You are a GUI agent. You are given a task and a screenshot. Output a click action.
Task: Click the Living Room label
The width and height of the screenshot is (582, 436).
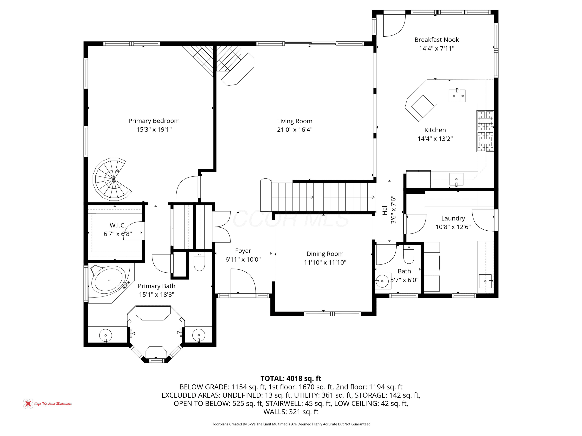295,121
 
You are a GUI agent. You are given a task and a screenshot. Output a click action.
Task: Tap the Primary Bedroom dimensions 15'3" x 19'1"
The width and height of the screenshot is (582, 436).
154,130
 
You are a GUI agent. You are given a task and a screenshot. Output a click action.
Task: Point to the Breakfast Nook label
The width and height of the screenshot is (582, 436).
436,40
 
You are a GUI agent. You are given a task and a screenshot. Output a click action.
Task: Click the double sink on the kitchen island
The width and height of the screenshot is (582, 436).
457,95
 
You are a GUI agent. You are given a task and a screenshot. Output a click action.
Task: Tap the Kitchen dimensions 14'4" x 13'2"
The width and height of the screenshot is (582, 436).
435,139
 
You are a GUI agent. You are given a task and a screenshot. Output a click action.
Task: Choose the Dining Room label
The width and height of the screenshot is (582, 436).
325,254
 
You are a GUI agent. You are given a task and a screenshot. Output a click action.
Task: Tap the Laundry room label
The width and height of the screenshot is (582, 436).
453,218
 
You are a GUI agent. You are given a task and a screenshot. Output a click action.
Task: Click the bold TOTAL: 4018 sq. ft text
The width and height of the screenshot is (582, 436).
291,378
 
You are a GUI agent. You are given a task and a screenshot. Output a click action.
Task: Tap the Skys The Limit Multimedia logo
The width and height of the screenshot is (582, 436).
47,404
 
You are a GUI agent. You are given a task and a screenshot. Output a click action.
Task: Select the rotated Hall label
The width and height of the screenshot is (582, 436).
385,209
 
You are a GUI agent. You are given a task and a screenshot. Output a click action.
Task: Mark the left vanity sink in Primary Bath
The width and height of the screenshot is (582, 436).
106,335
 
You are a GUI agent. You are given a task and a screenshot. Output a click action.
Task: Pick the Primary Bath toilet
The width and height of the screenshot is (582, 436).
199,261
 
